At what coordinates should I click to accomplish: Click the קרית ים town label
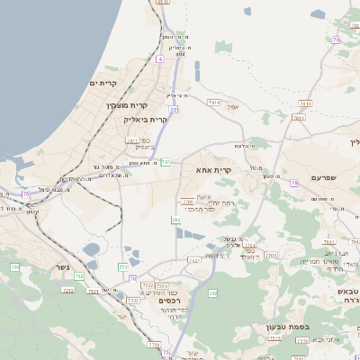click(x=104, y=83)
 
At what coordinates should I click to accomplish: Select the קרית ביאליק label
click(x=146, y=119)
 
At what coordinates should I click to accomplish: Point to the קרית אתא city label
click(x=213, y=168)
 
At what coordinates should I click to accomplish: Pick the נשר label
click(x=61, y=267)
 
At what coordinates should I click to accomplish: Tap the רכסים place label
click(x=167, y=300)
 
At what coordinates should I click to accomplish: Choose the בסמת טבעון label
click(x=289, y=327)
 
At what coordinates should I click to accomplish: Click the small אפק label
click(x=233, y=107)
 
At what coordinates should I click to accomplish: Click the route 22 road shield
click(x=173, y=109)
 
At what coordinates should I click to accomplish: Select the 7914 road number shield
click(x=214, y=103)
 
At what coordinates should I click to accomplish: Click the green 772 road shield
click(x=122, y=266)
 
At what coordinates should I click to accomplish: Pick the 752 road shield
click(x=79, y=276)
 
